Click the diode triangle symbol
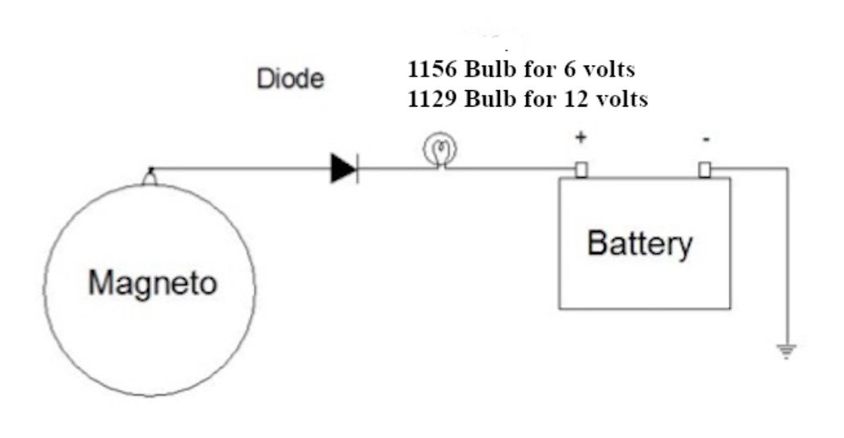coord(343,169)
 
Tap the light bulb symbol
coord(439,151)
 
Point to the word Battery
coord(640,244)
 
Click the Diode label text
coord(290,80)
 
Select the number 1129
coord(432,100)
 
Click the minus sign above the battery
coord(706,140)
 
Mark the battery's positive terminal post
coord(581,170)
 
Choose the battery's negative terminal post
coord(705,170)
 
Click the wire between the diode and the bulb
coord(389,170)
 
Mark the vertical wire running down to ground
coord(787,262)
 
